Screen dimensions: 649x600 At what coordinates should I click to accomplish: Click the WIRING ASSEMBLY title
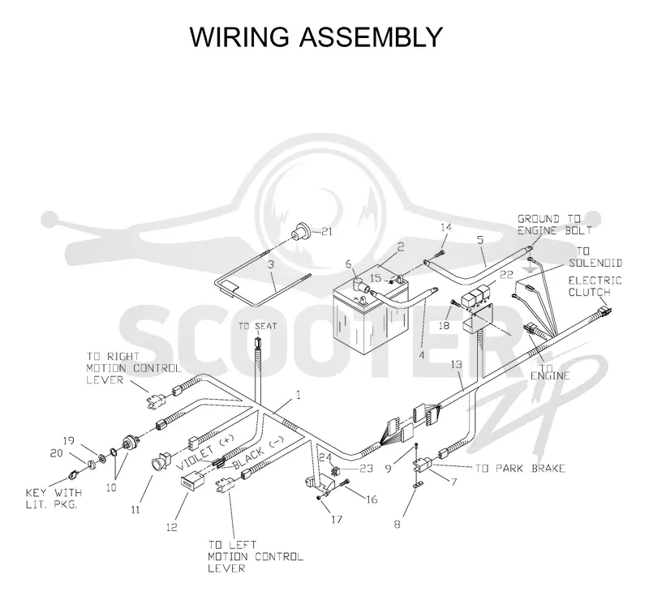(x=316, y=37)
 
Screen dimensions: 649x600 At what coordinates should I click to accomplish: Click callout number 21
(x=327, y=232)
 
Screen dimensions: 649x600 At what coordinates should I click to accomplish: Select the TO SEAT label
(x=257, y=327)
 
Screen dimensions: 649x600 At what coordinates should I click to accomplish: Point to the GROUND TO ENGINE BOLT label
(x=555, y=225)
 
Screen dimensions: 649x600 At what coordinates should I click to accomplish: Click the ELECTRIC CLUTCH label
(x=595, y=286)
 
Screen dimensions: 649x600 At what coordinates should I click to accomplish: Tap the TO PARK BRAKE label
(x=520, y=469)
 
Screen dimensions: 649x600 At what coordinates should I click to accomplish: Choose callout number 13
(x=457, y=365)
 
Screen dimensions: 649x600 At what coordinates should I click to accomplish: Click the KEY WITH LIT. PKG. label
(x=54, y=499)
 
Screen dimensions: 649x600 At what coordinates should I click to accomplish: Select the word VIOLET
(x=195, y=457)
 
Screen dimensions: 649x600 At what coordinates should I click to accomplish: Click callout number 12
(x=172, y=527)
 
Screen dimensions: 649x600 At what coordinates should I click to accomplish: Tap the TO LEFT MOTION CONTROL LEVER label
(x=256, y=556)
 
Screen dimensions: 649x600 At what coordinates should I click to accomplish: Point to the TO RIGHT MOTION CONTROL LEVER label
(x=134, y=368)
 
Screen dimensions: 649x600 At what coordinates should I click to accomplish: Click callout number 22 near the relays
(x=506, y=275)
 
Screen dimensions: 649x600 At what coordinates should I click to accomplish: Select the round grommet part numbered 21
(x=301, y=231)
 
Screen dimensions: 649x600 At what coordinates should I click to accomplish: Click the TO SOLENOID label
(x=595, y=257)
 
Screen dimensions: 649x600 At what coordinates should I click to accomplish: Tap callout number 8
(x=398, y=525)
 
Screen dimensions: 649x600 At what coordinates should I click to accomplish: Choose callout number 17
(x=337, y=519)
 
